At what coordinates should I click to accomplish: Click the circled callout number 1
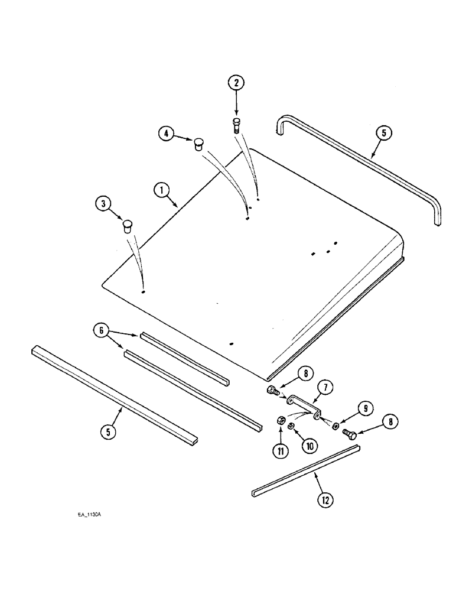(x=159, y=190)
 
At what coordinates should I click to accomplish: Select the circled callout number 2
(x=236, y=83)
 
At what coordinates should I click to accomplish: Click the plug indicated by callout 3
(x=126, y=226)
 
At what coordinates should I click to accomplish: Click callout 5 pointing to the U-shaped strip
(x=383, y=133)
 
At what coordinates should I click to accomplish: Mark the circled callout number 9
(x=365, y=407)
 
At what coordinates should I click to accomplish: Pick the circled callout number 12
(x=324, y=499)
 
